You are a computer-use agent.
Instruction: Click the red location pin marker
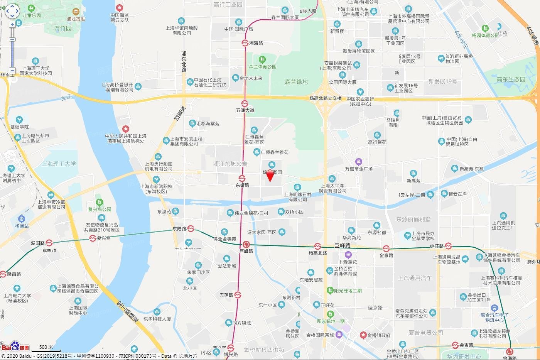point(270,175)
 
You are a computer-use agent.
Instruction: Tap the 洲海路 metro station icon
point(245,43)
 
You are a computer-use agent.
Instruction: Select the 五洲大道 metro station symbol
point(245,103)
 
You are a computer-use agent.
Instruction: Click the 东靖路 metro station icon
point(242,178)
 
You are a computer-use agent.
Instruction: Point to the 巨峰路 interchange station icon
point(246,244)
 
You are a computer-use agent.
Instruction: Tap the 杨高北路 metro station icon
point(317,246)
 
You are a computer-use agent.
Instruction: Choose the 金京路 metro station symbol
point(386,248)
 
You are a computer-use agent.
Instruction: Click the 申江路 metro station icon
point(448,246)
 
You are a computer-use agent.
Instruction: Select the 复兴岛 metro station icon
point(93,238)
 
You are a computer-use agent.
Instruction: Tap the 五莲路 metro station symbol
point(238,295)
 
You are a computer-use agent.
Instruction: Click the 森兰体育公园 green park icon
point(262,59)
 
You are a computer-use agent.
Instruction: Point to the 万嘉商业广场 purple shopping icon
point(359,162)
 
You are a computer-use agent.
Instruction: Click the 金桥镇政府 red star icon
point(363,335)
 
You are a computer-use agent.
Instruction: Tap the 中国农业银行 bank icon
point(360,92)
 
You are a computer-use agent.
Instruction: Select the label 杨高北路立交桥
point(326,98)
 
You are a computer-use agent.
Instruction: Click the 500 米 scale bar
point(46,349)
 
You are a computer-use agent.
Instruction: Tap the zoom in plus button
point(12,24)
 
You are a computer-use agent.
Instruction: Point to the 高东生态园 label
point(511,79)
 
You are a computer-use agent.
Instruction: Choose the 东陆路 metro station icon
point(191,228)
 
